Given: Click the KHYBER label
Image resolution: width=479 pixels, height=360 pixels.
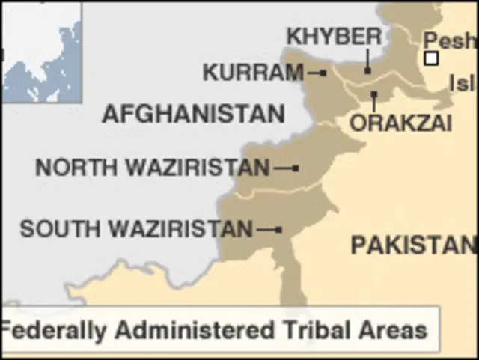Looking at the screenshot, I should (335, 36).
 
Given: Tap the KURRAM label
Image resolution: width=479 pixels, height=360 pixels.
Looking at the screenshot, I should (253, 73).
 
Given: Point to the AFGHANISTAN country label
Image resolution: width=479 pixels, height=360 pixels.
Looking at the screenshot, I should (193, 115).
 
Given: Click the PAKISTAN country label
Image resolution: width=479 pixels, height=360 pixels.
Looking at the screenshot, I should (413, 245).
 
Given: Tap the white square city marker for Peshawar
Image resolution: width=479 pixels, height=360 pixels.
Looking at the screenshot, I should (430, 58).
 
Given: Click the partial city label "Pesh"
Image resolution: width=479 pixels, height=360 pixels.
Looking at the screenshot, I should (451, 40).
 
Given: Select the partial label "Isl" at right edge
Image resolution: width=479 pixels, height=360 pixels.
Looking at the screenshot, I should (461, 83).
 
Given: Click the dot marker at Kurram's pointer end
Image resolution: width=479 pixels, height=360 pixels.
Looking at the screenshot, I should (323, 73).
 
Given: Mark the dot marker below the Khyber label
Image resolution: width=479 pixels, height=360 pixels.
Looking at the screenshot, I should (367, 70).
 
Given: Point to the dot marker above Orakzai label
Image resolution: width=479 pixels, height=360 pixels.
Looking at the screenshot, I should (373, 94).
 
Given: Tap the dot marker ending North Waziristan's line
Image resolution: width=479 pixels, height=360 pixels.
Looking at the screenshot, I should (296, 168).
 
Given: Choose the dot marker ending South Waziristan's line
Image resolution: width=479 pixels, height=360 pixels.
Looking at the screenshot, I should (278, 229).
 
